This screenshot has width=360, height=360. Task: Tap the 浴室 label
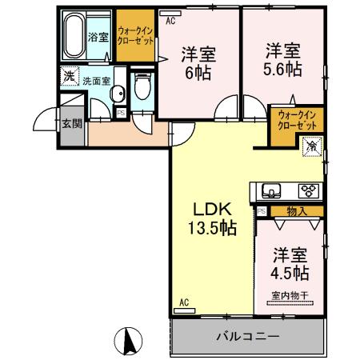[98, 37]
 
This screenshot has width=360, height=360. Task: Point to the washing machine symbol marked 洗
[69, 78]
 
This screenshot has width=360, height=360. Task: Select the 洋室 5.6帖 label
[283, 59]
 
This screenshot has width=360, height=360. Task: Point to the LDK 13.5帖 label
[211, 218]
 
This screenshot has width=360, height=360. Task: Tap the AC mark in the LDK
[184, 302]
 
